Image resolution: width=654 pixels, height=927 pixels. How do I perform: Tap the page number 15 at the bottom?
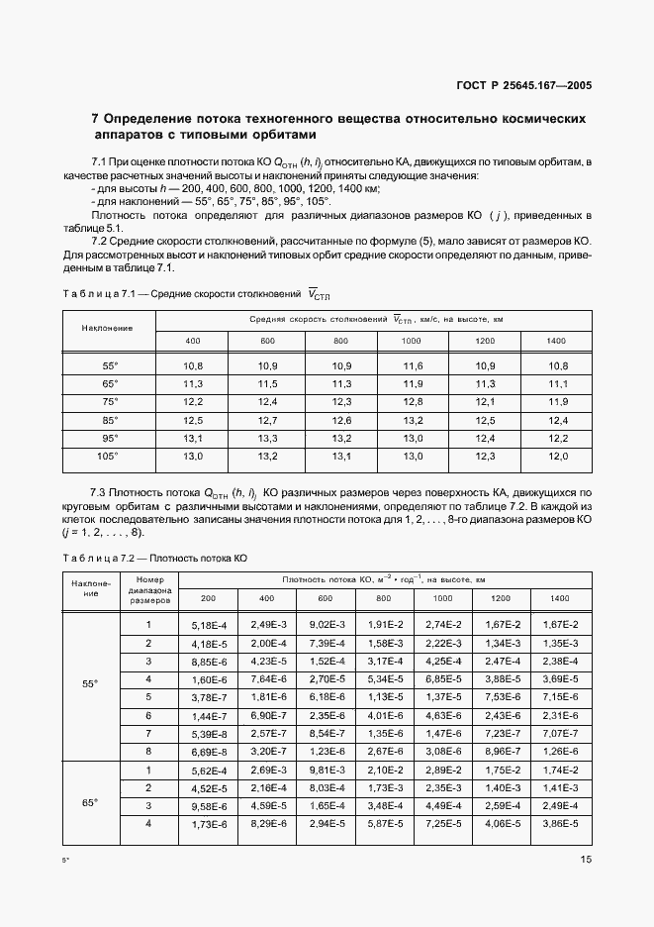(585, 860)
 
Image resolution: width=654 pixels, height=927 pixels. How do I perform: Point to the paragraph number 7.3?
(99, 491)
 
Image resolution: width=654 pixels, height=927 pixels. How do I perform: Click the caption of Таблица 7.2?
(153, 559)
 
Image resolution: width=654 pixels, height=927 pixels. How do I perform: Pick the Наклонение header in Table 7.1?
(109, 327)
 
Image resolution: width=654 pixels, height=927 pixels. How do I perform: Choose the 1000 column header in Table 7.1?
(411, 342)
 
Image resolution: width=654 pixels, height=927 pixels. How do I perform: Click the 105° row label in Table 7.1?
(109, 456)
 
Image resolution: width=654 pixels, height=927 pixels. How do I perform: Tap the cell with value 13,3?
(267, 438)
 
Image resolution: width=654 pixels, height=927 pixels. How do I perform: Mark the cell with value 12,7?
(267, 420)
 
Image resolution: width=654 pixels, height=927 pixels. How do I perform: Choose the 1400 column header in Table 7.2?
(559, 599)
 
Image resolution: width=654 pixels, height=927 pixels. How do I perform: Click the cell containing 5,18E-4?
(208, 625)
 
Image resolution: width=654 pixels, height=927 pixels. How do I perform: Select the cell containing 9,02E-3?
(326, 625)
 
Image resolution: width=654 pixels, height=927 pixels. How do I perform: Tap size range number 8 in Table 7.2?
(148, 751)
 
